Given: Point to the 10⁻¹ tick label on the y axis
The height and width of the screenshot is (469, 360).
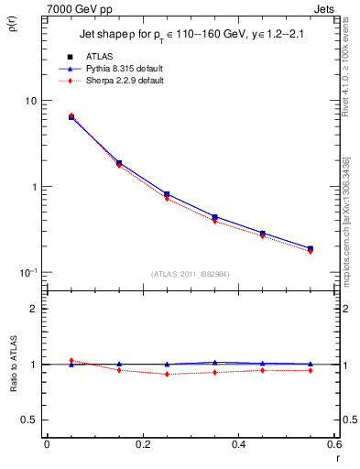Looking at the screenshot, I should point(29,273).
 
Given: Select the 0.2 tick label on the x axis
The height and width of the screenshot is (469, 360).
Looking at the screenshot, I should point(142,444).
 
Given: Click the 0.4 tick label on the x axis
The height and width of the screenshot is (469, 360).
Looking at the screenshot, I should point(238,444).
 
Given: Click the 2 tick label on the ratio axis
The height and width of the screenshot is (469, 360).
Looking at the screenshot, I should point(35,309).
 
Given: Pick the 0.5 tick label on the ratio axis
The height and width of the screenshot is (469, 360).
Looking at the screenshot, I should point(30,420).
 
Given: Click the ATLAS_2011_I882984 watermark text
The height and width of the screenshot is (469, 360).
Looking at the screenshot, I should point(191,274).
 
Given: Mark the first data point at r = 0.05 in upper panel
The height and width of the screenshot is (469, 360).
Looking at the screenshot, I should point(71,117).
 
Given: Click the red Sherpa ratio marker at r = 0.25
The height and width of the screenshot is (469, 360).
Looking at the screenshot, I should point(167,374).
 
